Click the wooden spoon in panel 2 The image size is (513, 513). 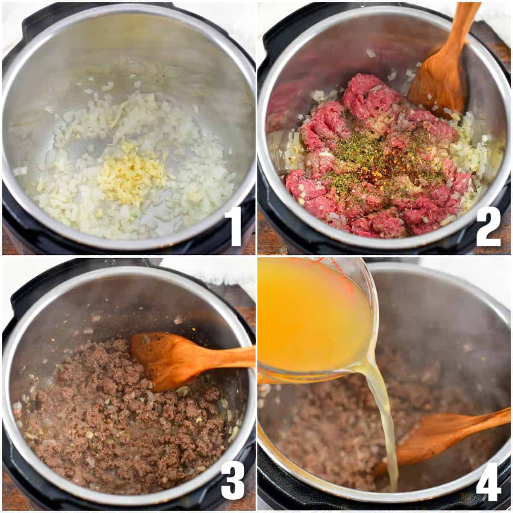coord(440,73)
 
